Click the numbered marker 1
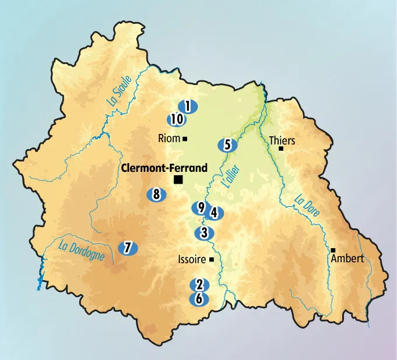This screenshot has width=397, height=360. (x=188, y=107)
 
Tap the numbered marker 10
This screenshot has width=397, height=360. (x=177, y=119)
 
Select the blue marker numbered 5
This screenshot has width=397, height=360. (x=227, y=145)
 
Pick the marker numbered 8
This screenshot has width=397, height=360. (x=156, y=195)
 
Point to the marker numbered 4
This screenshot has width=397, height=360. (x=214, y=213)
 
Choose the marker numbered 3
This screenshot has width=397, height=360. (x=203, y=234)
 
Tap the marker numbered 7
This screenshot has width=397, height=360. (x=128, y=248)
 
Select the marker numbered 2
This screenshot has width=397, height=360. (x=199, y=285)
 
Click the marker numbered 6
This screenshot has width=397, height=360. (x=199, y=299)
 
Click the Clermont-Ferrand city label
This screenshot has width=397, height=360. (x=164, y=168)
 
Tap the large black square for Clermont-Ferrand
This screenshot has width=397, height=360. (x=178, y=181)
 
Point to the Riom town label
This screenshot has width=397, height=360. (x=169, y=139)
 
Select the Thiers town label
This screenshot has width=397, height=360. (x=282, y=140)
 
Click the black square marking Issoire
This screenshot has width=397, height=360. (x=212, y=260)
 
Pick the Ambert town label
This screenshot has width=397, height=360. (x=347, y=259)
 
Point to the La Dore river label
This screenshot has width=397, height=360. (x=307, y=206)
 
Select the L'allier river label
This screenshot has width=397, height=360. (x=231, y=175)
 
